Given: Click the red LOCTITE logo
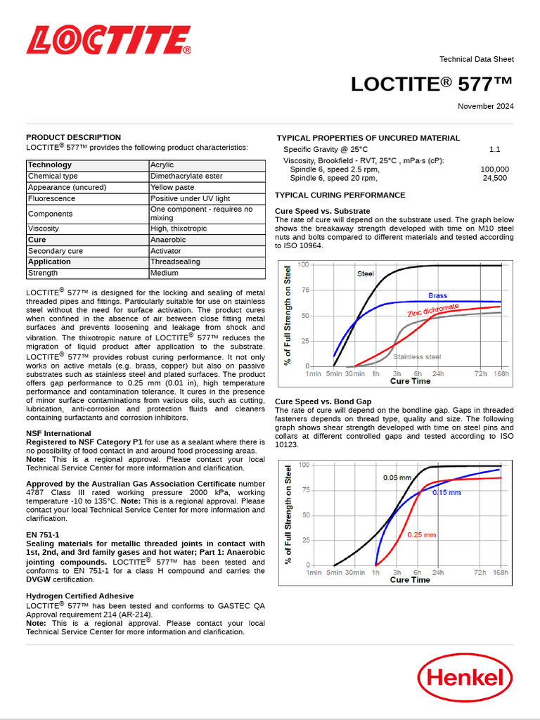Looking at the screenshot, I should pyautogui.click(x=108, y=41).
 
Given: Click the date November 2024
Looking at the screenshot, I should pyautogui.click(x=485, y=106).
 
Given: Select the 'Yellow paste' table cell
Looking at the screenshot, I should pyautogui.click(x=172, y=188).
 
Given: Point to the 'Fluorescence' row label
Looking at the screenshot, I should pyautogui.click(x=50, y=199).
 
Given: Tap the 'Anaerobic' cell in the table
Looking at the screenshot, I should pyautogui.click(x=167, y=240).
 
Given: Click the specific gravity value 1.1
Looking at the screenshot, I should pyautogui.click(x=494, y=150).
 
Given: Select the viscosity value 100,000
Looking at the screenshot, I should pyautogui.click(x=494, y=169).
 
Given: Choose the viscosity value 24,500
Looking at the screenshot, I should pyautogui.click(x=494, y=179).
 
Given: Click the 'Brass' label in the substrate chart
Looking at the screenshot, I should pyautogui.click(x=437, y=296).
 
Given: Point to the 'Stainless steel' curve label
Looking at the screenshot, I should pyautogui.click(x=417, y=357).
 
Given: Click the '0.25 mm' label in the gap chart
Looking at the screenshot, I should pyautogui.click(x=422, y=534).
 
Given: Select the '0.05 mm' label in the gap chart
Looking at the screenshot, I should pyautogui.click(x=397, y=477).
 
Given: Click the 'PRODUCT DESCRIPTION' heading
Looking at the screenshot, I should pyautogui.click(x=73, y=137).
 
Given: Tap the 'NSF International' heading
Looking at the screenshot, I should pyautogui.click(x=58, y=434).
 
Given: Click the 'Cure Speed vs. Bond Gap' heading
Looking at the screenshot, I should pyautogui.click(x=323, y=401).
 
